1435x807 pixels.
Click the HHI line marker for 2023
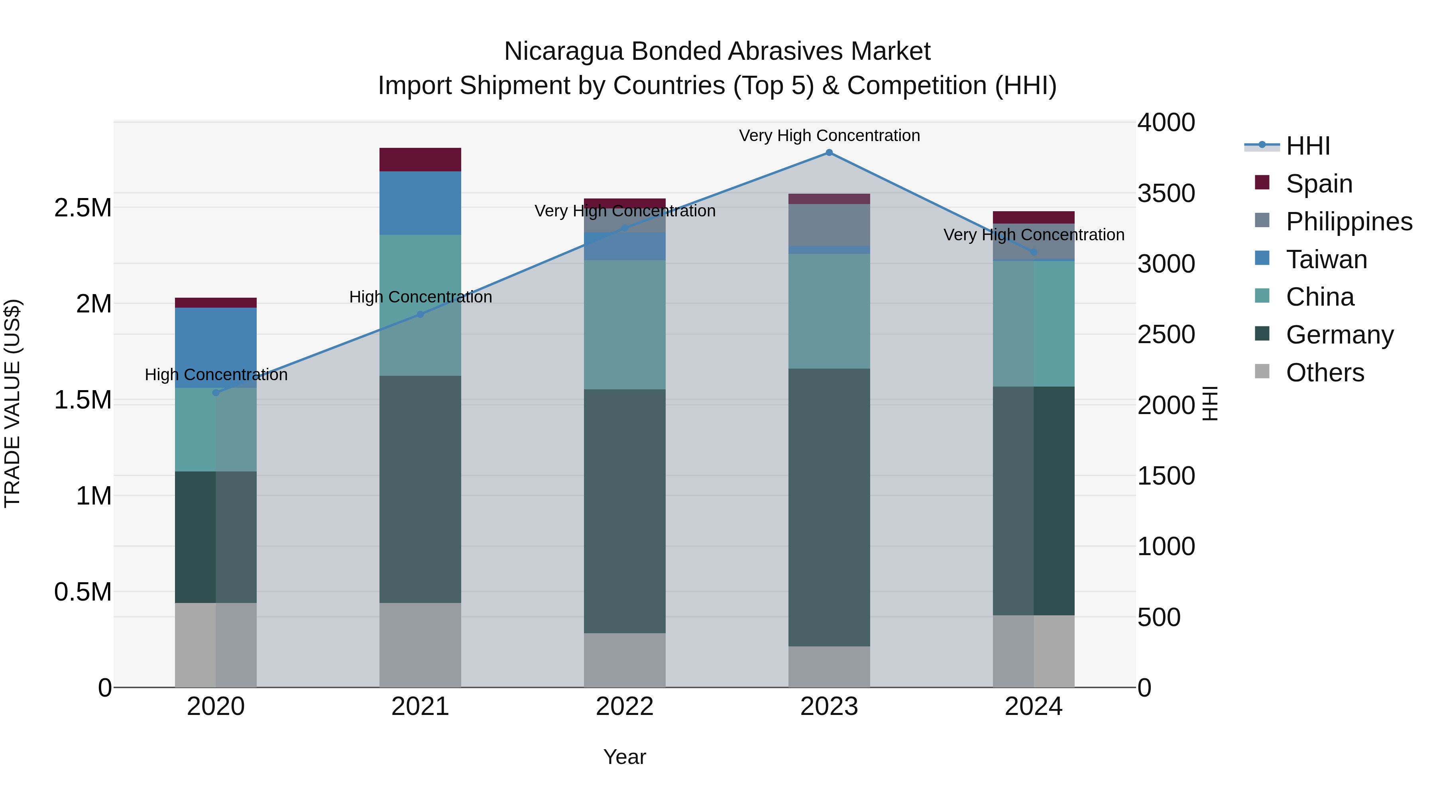click(829, 153)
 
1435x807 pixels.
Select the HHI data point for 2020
click(216, 393)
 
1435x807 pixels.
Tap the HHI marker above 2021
click(421, 315)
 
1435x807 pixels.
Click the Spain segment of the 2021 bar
click(421, 160)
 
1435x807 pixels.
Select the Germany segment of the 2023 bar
click(829, 507)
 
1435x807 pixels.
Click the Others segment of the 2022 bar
click(625, 660)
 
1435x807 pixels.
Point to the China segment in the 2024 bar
click(1033, 324)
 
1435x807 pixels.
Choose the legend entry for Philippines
click(1349, 222)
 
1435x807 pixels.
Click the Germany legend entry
click(1339, 335)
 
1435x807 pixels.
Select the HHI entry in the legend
click(1307, 146)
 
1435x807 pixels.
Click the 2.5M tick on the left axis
click(83, 208)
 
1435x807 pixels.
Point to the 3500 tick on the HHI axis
click(1166, 193)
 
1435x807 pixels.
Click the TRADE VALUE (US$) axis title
click(12, 403)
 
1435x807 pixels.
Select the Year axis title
click(625, 757)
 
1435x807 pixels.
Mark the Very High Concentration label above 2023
click(829, 135)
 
